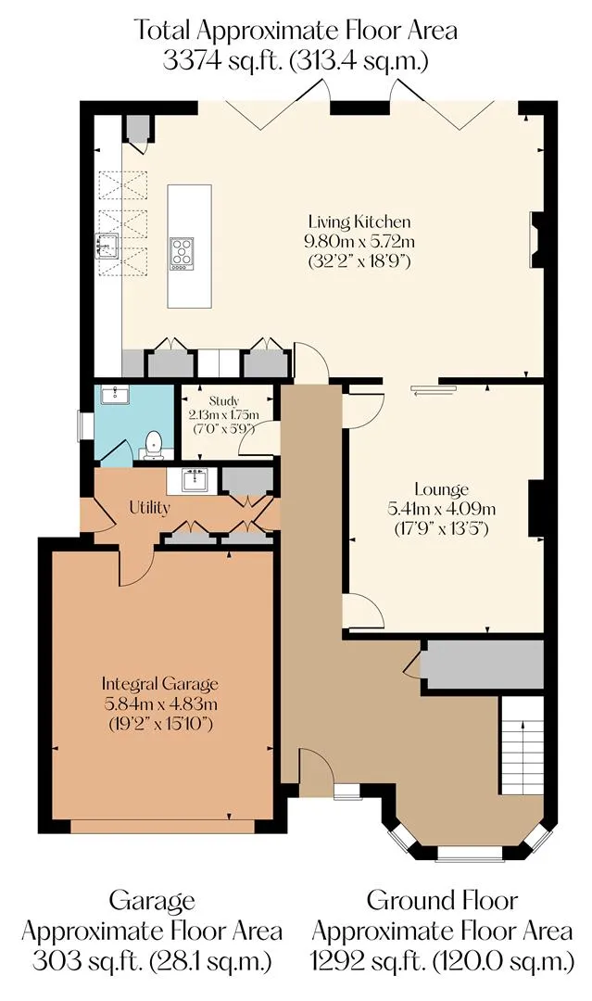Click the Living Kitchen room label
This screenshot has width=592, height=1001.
coord(359,222)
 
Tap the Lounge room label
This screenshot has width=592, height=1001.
coord(441,489)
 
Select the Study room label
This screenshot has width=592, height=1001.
coord(223,401)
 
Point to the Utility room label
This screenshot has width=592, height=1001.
coord(150,508)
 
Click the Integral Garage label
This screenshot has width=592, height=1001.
coord(160,684)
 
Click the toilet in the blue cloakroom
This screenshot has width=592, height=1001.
coord(153,446)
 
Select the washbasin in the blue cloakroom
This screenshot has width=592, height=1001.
coord(115,395)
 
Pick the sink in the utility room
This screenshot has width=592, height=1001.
coord(194,480)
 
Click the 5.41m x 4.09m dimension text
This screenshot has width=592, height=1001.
coord(441,510)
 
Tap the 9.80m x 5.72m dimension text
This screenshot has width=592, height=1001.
coord(359,242)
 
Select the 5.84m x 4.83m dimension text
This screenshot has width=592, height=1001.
coord(160,704)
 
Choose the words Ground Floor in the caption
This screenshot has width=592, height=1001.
coord(441,901)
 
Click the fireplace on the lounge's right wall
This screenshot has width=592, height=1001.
coord(535,509)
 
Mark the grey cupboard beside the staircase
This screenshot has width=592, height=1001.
coord(485,665)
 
